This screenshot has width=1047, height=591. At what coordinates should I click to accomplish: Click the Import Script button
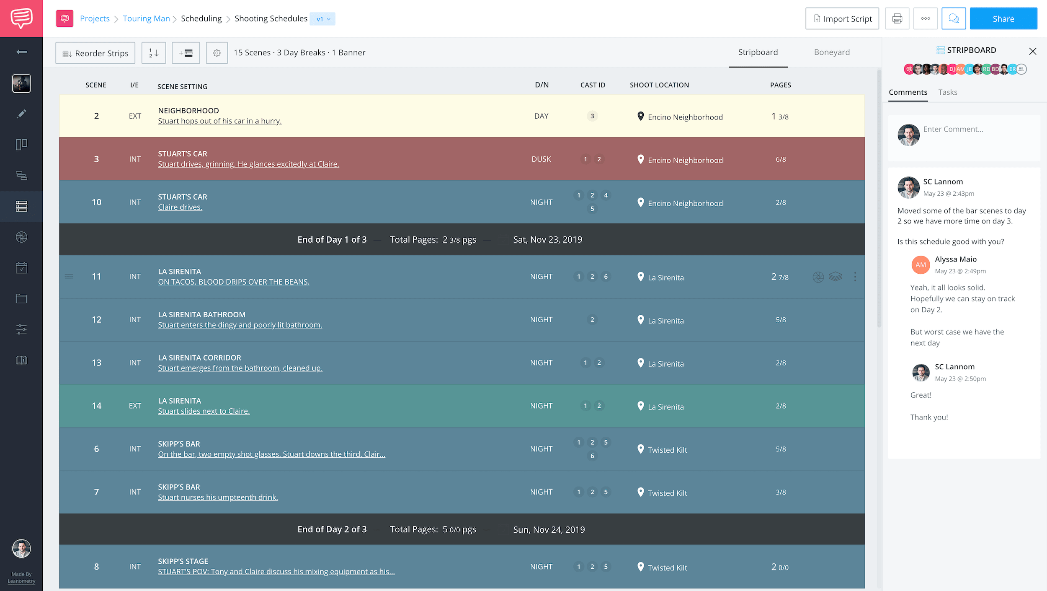click(842, 19)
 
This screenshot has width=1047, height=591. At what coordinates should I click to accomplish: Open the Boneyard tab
click(832, 52)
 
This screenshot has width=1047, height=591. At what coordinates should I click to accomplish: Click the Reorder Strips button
click(95, 53)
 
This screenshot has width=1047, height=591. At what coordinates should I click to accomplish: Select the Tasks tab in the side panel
click(947, 92)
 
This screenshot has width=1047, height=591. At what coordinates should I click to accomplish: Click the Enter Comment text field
click(976, 130)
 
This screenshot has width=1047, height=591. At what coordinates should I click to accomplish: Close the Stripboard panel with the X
click(1032, 51)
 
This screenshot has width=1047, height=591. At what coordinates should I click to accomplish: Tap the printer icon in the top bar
click(897, 19)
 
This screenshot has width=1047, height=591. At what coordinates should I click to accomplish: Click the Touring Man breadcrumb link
click(146, 19)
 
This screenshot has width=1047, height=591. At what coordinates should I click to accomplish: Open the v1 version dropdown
click(323, 19)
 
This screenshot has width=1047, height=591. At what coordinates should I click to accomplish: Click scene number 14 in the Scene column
click(96, 406)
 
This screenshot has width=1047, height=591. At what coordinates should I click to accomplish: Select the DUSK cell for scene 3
click(541, 159)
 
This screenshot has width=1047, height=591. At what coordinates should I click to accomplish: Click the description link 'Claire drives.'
click(180, 207)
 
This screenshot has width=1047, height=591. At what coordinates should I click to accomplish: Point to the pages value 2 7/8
click(780, 277)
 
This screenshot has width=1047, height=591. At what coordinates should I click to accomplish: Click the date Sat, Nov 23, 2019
click(547, 240)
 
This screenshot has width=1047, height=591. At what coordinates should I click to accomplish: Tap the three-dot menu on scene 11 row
click(855, 277)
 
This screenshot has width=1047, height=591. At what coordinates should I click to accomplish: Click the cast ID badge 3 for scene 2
click(592, 116)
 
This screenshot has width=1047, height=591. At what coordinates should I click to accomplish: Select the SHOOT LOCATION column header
click(659, 85)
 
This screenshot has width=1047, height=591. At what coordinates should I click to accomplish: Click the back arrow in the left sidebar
click(21, 52)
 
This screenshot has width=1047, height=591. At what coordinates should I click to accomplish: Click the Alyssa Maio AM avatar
click(921, 265)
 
